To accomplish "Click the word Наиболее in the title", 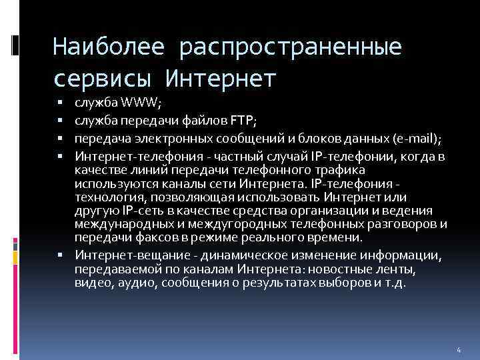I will (106, 47).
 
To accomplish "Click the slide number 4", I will (459, 350).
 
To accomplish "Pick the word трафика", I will (298, 170).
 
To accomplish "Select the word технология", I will (109, 198).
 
